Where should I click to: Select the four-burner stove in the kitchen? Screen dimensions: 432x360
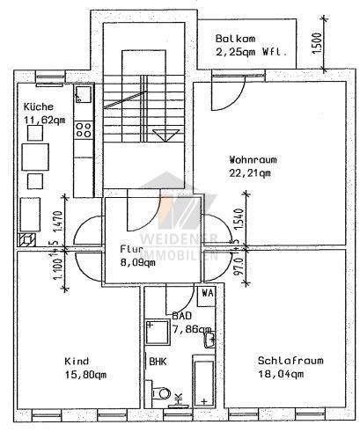click(x=84, y=131)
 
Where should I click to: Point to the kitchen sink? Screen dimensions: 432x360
click(x=84, y=93)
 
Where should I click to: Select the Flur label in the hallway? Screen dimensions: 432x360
click(x=131, y=249)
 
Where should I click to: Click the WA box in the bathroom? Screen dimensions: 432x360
click(x=208, y=293)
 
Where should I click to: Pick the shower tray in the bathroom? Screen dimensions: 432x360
click(x=158, y=332)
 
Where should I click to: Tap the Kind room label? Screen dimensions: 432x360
click(x=76, y=362)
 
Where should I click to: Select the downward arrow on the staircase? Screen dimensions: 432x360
click(x=160, y=135)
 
